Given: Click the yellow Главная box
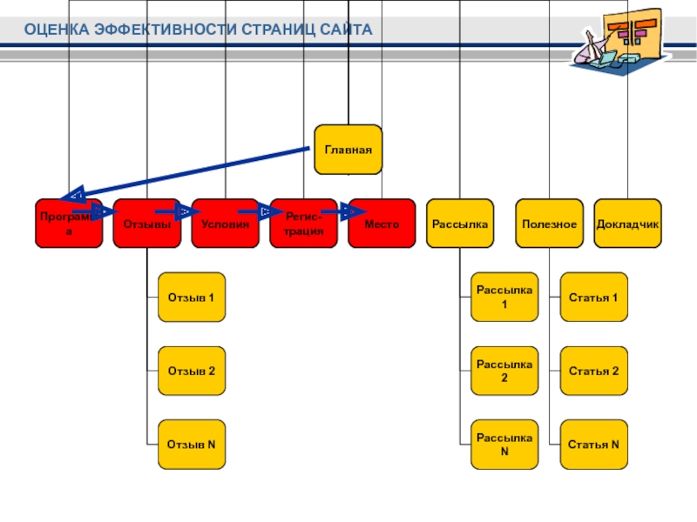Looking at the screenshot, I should pyautogui.click(x=348, y=150).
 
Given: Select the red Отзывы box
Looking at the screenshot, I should pyautogui.click(x=146, y=224).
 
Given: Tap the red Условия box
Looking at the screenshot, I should pyautogui.click(x=225, y=224).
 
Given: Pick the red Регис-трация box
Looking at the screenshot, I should pyautogui.click(x=303, y=224).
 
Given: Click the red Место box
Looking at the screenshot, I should pyautogui.click(x=382, y=224).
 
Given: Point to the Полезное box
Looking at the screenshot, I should pyautogui.click(x=549, y=224).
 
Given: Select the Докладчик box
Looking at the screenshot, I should pyautogui.click(x=627, y=224).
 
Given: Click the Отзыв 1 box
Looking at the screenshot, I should pyautogui.click(x=191, y=298).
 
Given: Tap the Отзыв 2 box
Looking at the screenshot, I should pyautogui.click(x=191, y=371).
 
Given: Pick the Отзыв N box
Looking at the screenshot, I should pyautogui.click(x=191, y=445).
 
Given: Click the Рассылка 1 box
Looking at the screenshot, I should pyautogui.click(x=504, y=298).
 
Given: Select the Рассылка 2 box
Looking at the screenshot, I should pyautogui.click(x=504, y=371).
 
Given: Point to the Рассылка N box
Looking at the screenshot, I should pyautogui.click(x=504, y=445).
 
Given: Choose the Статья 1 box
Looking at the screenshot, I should pyautogui.click(x=592, y=298).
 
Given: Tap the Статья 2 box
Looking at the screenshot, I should pyautogui.click(x=592, y=371).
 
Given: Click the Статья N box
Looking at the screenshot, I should pyautogui.click(x=592, y=445).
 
